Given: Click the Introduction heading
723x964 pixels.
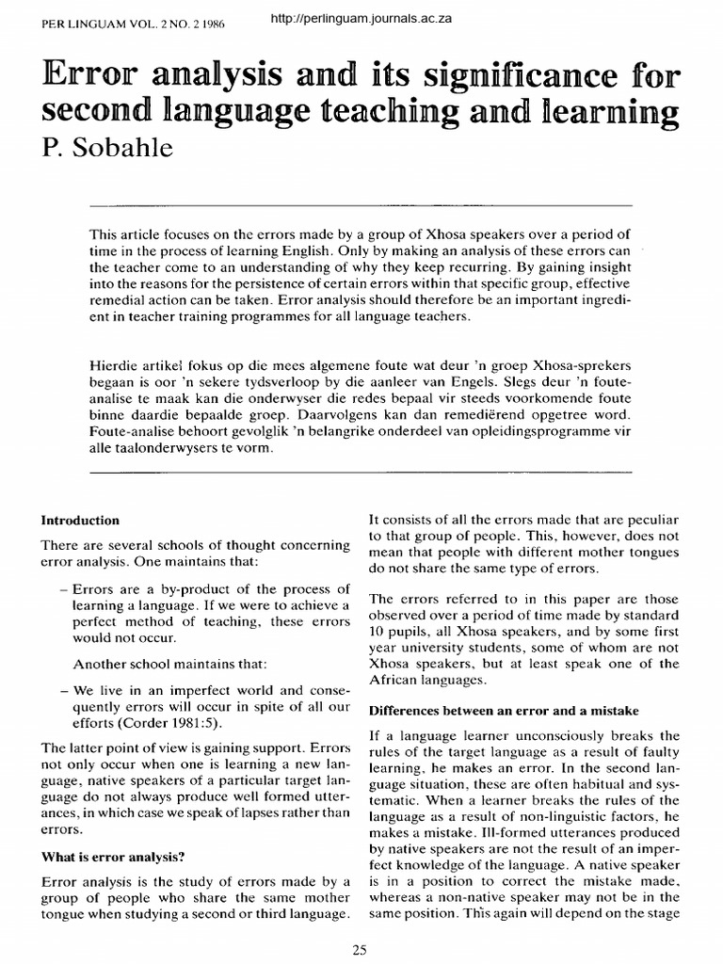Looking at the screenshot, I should coord(79,520).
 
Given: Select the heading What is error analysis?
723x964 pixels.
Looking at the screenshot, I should coord(112,856).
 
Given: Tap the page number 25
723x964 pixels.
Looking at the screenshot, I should coord(360,950).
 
